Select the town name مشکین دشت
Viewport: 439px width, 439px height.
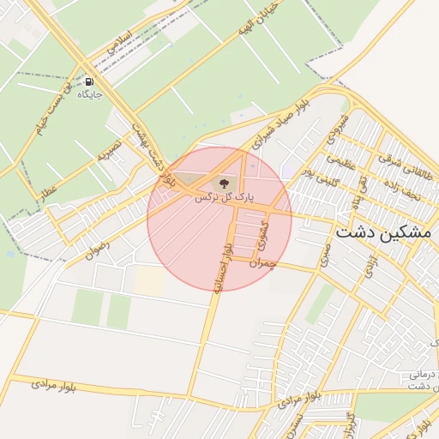click(x=385, y=232)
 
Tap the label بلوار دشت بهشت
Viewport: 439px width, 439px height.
click(x=154, y=154)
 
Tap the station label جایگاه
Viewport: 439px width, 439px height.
click(x=90, y=94)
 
